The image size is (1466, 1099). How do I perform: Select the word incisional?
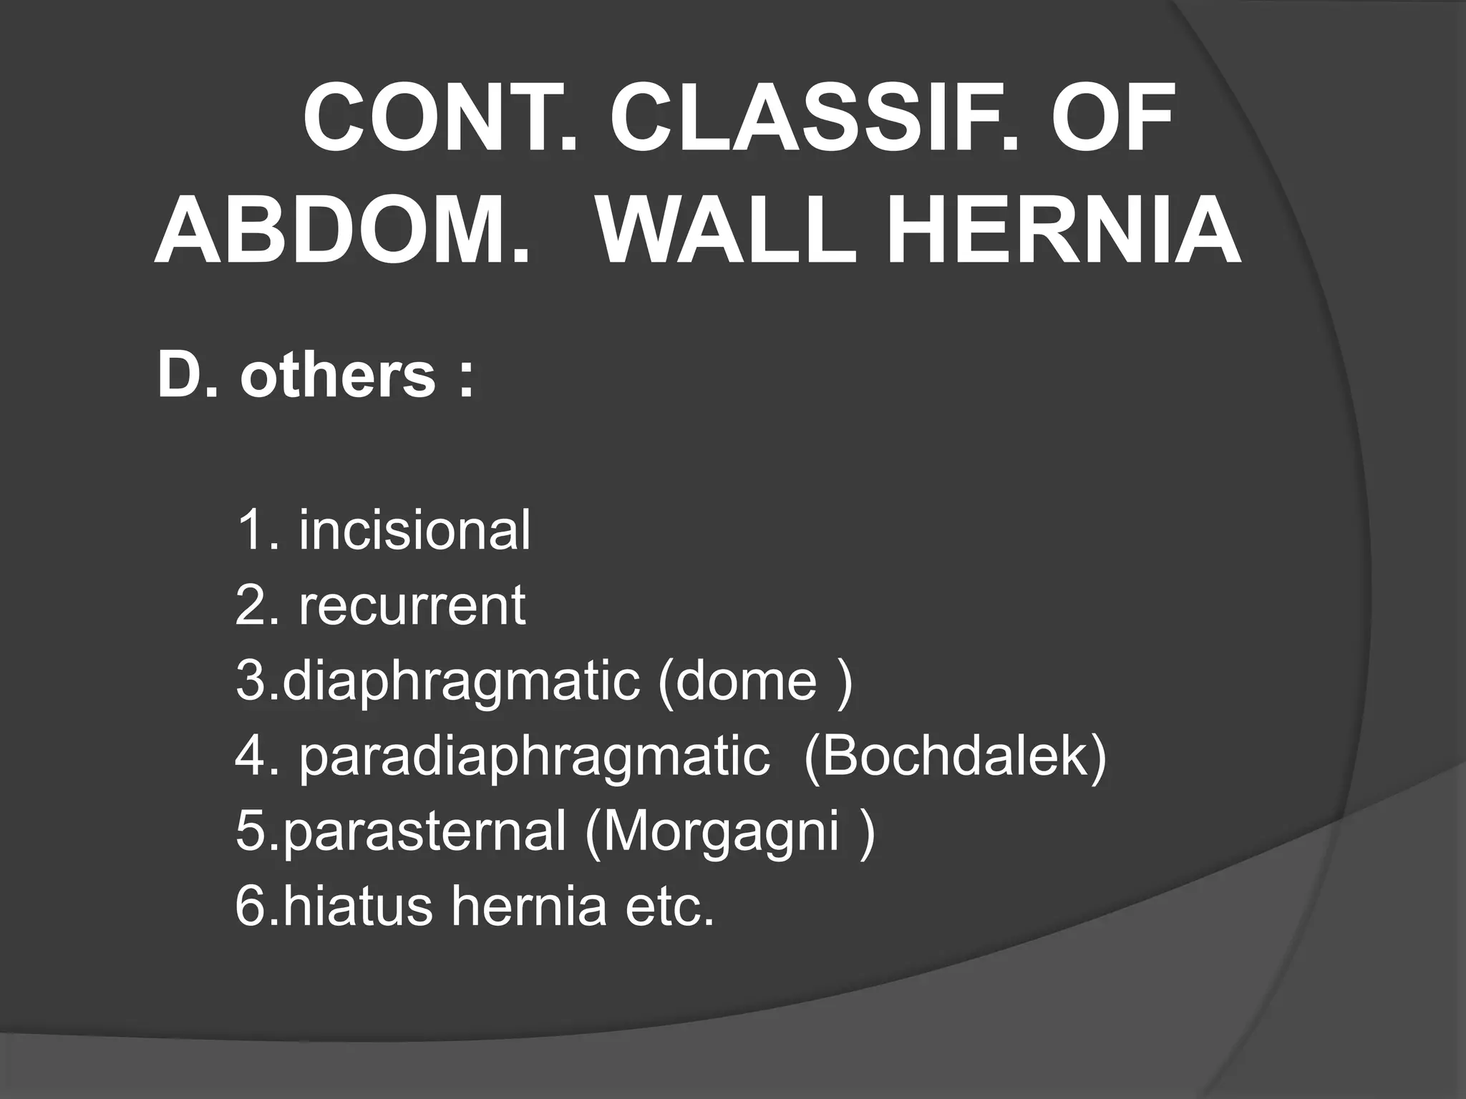414,529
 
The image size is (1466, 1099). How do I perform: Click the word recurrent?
412,605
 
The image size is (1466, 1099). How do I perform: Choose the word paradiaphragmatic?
534,756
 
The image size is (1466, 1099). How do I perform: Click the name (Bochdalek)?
955,756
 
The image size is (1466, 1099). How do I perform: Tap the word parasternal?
424,832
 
